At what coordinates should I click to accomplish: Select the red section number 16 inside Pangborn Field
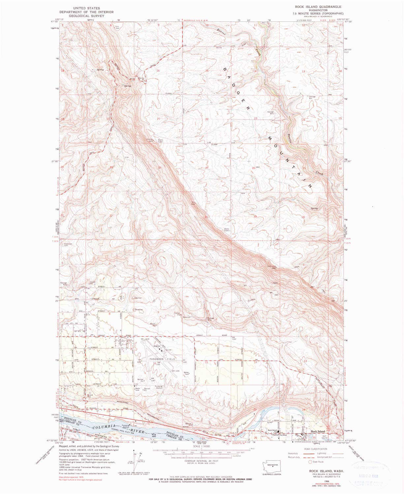click(154, 363)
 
